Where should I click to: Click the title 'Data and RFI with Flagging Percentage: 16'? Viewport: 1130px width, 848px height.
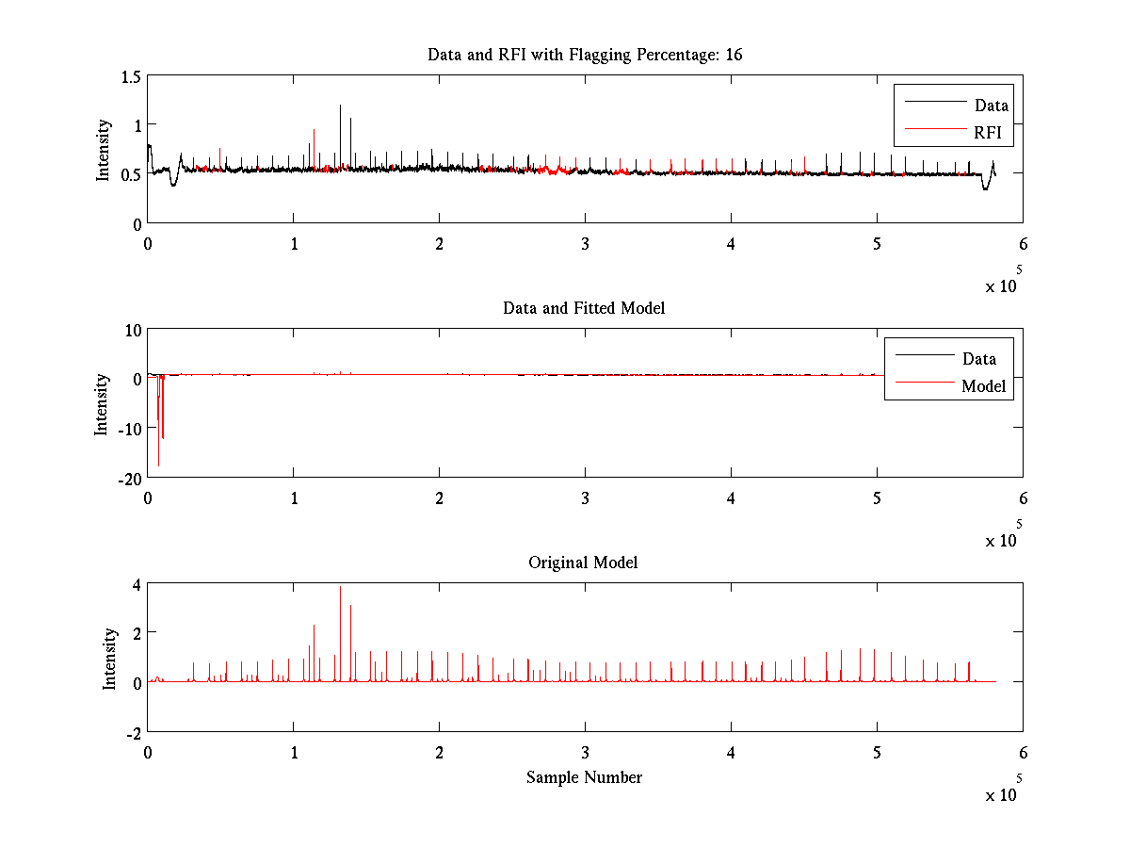pos(585,55)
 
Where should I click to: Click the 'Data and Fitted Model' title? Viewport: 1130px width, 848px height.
pos(584,308)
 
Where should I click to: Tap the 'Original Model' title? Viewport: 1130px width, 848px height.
pos(583,563)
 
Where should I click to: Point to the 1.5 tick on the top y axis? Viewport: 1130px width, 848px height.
pos(130,75)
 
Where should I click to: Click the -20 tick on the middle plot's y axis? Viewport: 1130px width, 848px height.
pos(127,477)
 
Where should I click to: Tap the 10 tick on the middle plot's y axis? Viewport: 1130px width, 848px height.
pos(131,329)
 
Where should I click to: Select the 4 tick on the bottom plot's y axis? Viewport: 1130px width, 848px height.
pos(136,584)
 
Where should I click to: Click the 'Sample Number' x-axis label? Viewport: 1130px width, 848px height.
pos(584,777)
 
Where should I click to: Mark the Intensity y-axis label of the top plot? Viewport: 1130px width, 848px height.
pos(104,149)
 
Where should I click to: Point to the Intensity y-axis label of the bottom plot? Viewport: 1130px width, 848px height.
pos(110,658)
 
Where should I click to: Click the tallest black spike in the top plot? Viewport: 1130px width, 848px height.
pos(340,106)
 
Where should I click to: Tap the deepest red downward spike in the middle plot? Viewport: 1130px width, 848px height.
pos(158,464)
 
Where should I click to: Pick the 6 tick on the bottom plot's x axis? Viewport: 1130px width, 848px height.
pos(1023,752)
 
